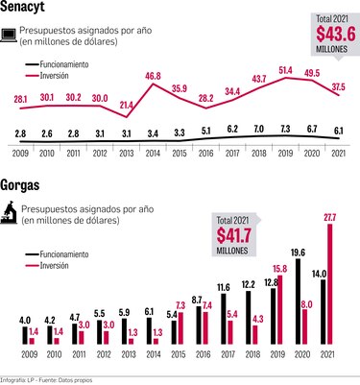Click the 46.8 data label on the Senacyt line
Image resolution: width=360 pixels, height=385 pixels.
[x=153, y=75]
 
